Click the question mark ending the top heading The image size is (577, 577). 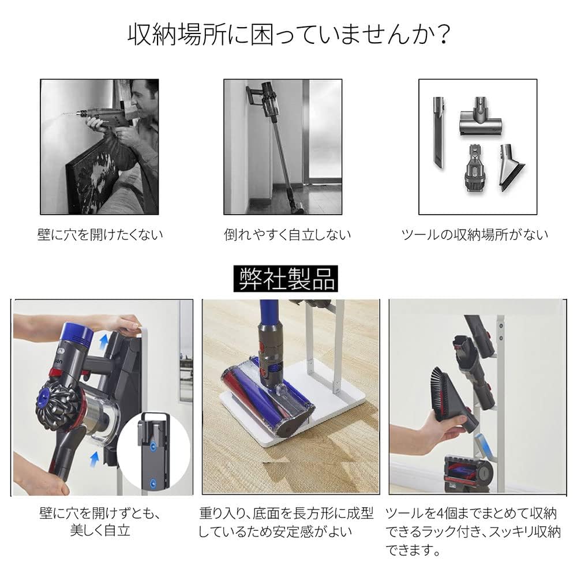441,35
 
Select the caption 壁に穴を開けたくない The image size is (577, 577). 100,235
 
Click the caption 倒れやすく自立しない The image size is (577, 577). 287,235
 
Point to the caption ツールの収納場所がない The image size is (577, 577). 474,235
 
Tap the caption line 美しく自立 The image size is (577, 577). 100,531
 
